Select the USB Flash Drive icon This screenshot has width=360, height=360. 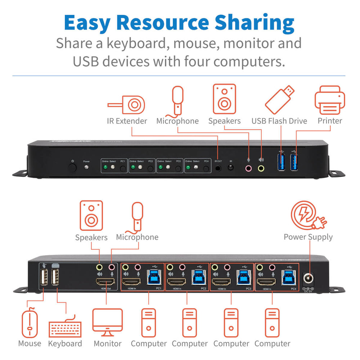[280, 99]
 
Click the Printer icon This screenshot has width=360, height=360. [330, 100]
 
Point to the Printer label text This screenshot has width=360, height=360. [330, 121]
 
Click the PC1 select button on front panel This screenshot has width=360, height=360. [123, 167]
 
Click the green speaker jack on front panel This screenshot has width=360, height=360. [261, 168]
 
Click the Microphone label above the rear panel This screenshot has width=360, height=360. [137, 237]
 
